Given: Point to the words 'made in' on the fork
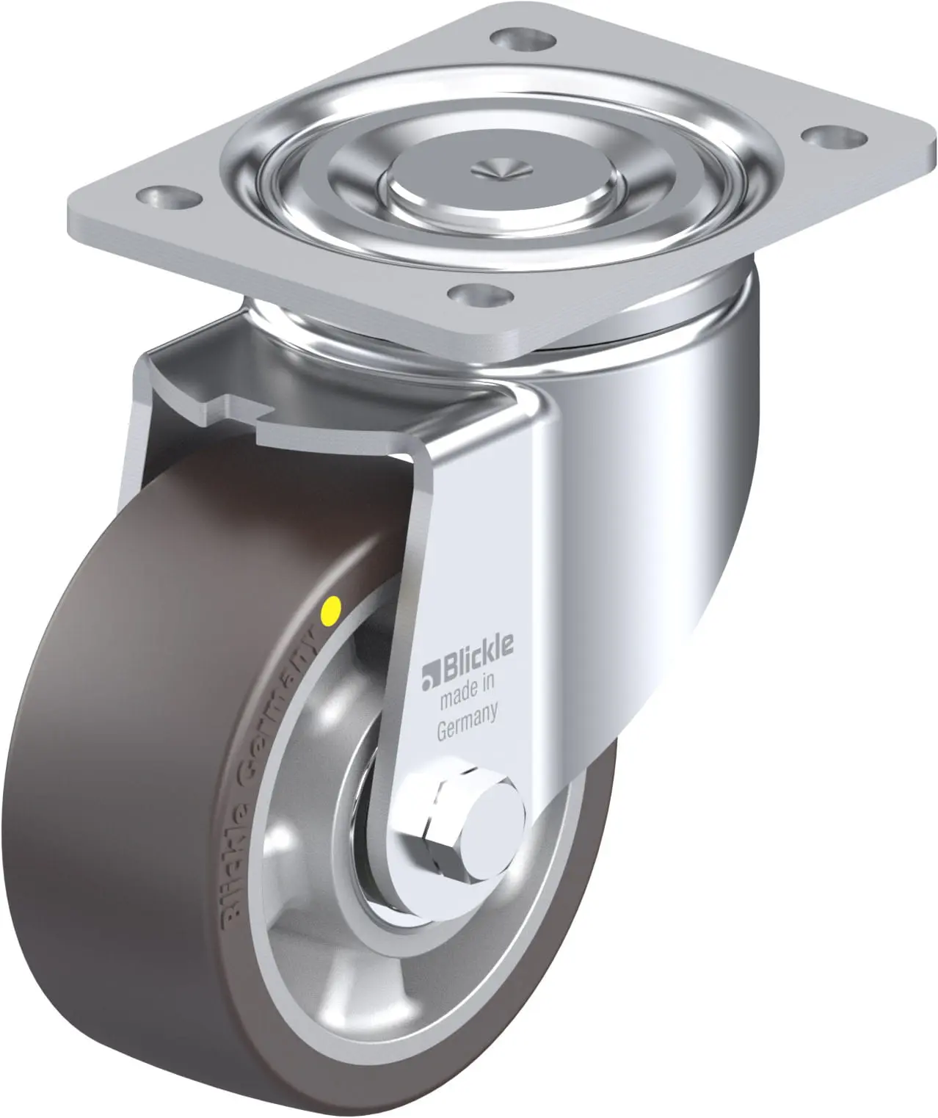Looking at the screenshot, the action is (x=466, y=687).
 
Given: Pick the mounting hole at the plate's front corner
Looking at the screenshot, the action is (x=480, y=294).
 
